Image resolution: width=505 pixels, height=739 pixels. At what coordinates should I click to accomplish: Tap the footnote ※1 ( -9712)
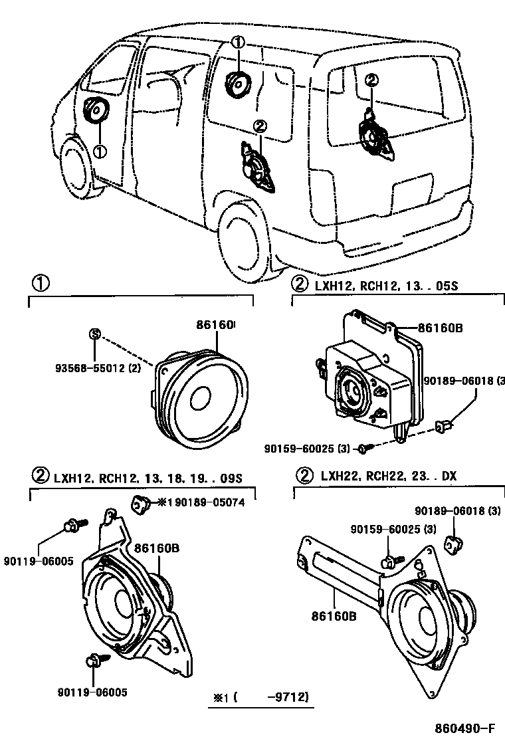click(261, 698)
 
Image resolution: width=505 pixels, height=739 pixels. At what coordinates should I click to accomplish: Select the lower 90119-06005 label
click(94, 691)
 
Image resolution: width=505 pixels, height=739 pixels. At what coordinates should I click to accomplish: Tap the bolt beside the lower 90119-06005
click(94, 660)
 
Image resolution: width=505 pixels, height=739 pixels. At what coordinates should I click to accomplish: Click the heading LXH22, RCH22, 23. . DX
click(388, 476)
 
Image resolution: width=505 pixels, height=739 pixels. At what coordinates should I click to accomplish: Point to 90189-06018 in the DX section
click(456, 511)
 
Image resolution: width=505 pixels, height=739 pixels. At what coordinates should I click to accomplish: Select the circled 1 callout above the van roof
click(238, 43)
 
